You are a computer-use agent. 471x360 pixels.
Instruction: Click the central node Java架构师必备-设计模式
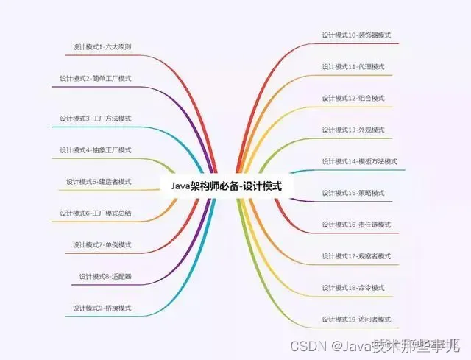click(227, 187)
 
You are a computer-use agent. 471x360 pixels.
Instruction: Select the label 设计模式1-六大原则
click(102, 46)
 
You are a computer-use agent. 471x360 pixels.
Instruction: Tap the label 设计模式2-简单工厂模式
click(96, 78)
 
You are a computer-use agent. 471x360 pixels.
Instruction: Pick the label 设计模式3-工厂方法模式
click(96, 119)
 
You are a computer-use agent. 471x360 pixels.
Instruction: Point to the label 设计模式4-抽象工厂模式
click(96, 150)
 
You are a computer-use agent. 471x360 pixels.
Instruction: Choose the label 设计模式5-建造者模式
click(99, 182)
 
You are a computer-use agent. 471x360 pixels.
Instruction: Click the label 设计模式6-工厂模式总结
click(96, 213)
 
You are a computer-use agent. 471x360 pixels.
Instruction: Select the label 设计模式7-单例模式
click(102, 244)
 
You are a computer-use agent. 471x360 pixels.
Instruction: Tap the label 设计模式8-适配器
click(105, 277)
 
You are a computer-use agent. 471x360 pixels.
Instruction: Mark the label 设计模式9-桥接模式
click(102, 308)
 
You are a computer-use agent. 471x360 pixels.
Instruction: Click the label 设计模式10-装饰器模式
click(356, 35)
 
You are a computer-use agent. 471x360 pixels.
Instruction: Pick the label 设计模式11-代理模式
click(353, 66)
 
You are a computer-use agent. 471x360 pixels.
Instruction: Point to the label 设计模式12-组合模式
click(353, 98)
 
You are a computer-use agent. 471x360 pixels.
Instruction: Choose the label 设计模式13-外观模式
click(353, 130)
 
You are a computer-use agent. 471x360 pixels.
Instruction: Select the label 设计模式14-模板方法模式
click(359, 161)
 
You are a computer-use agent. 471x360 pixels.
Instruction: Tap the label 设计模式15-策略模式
click(353, 193)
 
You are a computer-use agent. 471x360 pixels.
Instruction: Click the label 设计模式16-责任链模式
click(356, 225)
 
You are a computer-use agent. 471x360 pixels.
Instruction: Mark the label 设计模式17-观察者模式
click(356, 256)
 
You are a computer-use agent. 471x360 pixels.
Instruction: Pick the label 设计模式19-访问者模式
click(356, 320)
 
